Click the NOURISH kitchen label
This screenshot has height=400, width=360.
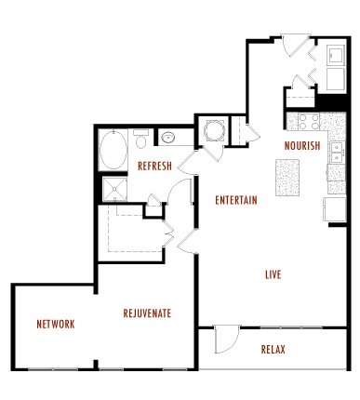coord(302,146)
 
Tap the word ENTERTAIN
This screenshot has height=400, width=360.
coord(235,200)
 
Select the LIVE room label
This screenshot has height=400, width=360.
coord(273,274)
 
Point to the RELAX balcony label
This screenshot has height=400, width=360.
coord(273,350)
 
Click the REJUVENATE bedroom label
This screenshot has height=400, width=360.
coord(147,313)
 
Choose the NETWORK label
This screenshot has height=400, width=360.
coord(56,324)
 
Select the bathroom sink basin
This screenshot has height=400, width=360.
coord(168,139)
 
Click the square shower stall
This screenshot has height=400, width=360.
coord(113,189)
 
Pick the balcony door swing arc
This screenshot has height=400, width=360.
coord(226,340)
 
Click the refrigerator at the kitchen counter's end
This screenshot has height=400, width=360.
coord(334,207)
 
